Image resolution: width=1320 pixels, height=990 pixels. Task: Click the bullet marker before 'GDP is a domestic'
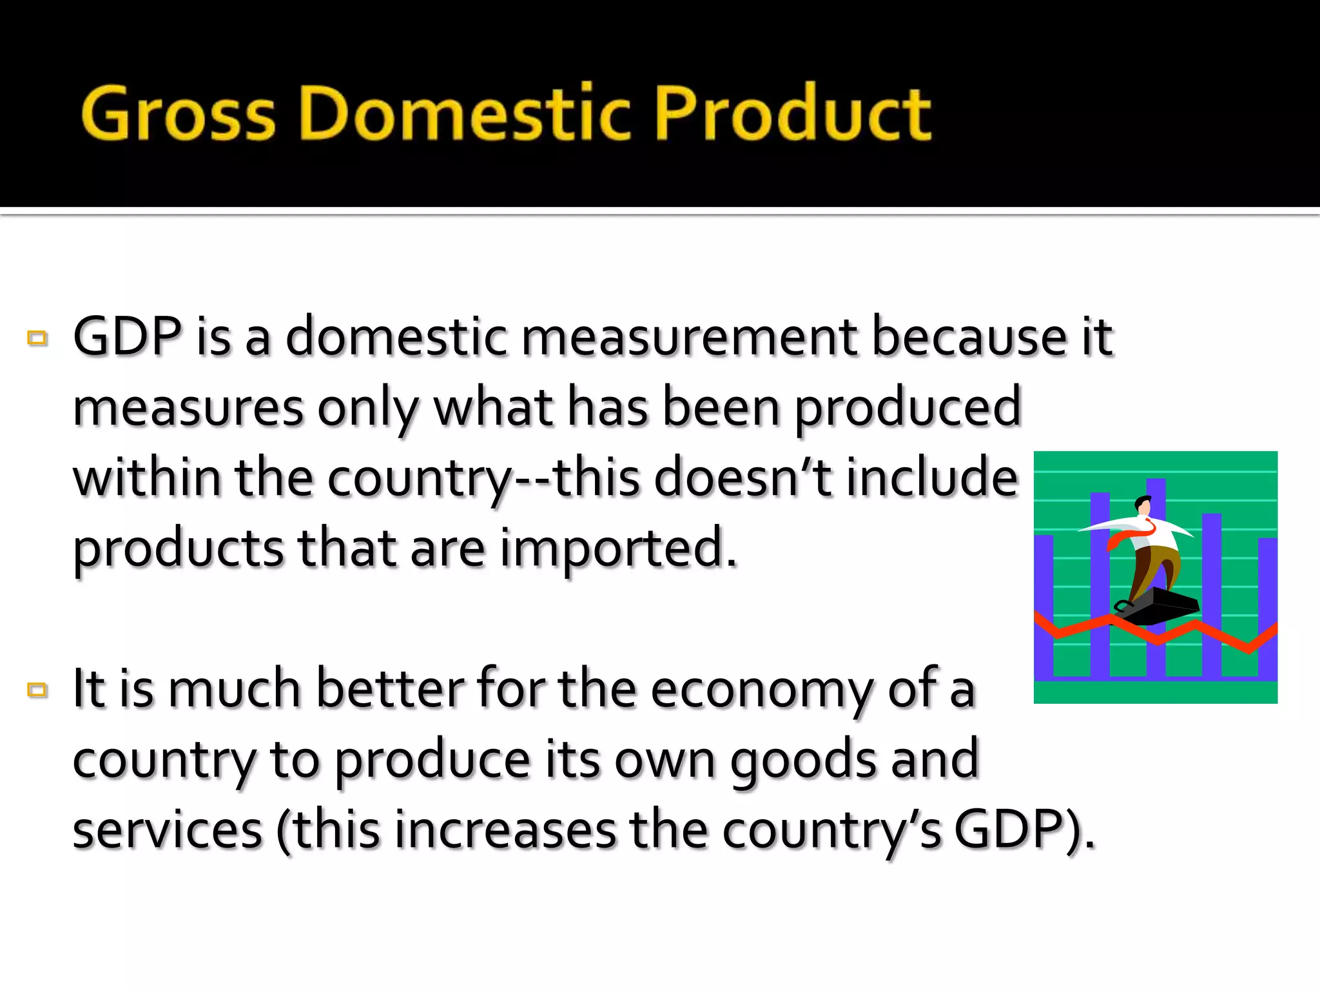[37, 338]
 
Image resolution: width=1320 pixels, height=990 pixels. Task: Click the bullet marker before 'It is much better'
[37, 690]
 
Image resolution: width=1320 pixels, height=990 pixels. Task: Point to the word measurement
[689, 338]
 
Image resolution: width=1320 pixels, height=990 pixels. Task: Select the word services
[168, 831]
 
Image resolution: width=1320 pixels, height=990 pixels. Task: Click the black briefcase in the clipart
[1160, 607]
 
